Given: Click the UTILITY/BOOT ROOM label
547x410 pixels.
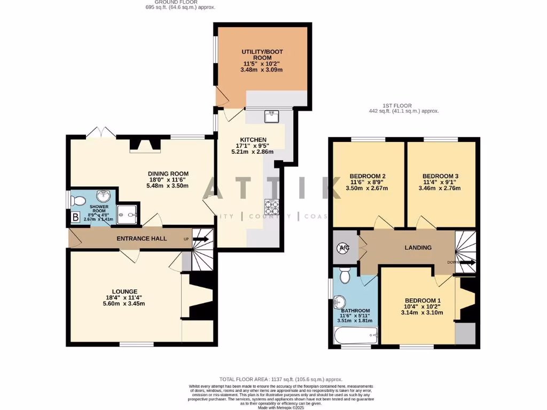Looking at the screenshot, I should (262, 54).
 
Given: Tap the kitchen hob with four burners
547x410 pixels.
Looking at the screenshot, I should (271, 206).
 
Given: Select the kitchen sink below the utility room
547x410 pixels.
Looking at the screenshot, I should (271, 115).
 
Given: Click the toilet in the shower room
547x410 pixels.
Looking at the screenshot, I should (79, 201).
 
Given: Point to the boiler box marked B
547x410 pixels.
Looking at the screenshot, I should (75, 217).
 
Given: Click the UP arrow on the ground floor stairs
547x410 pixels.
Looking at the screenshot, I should (201, 239).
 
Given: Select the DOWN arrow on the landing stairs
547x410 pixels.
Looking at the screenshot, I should (466, 263).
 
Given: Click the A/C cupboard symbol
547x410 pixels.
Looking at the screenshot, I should (342, 248).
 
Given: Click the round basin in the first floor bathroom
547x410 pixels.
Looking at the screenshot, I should (339, 301).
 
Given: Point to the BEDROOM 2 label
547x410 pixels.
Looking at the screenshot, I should (368, 176).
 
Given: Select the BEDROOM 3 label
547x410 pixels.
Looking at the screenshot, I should (440, 176).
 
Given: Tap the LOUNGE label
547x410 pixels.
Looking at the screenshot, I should (125, 291).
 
